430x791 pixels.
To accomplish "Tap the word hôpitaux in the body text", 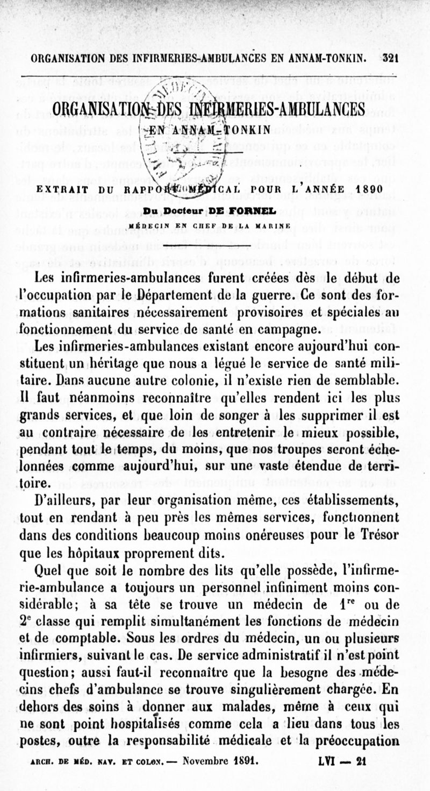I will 95,553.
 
